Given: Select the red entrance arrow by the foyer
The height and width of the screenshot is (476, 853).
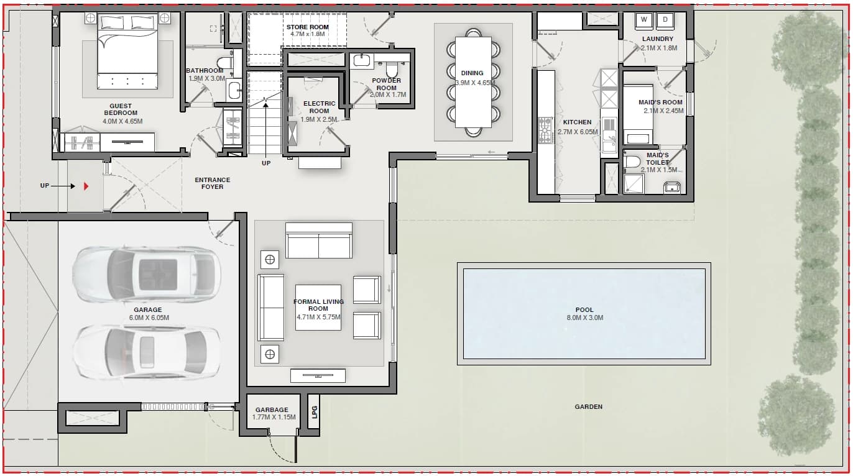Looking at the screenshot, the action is (x=86, y=186).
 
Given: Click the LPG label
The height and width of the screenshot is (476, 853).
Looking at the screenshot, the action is (x=314, y=412).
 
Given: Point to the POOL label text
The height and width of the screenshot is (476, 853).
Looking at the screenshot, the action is (x=584, y=309).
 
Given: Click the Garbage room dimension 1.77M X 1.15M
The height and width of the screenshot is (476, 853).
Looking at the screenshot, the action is (x=274, y=417).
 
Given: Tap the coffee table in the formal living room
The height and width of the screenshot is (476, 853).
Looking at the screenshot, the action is (x=318, y=308).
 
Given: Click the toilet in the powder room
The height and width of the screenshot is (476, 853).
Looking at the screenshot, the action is (x=392, y=69).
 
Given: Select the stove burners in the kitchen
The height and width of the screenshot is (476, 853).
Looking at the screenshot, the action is (x=545, y=130).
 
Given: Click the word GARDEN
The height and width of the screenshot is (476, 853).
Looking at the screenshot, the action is (x=589, y=407).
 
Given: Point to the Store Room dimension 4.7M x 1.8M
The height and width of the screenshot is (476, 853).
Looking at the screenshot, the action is (x=308, y=34).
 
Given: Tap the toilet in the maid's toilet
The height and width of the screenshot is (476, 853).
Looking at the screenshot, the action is (x=632, y=162).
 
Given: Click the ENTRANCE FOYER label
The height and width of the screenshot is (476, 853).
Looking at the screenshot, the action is (x=213, y=183).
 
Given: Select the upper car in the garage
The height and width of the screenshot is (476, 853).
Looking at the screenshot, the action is (x=147, y=274).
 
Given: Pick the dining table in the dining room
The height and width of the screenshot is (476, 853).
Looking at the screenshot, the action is (x=473, y=82).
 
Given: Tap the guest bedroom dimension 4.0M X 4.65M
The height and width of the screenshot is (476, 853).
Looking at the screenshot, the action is (x=122, y=121).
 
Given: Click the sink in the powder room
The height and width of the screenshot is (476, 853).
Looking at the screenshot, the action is (x=361, y=61).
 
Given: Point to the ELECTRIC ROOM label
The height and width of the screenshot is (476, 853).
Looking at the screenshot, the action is (x=319, y=107).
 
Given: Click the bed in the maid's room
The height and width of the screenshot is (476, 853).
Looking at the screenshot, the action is (x=638, y=115).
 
